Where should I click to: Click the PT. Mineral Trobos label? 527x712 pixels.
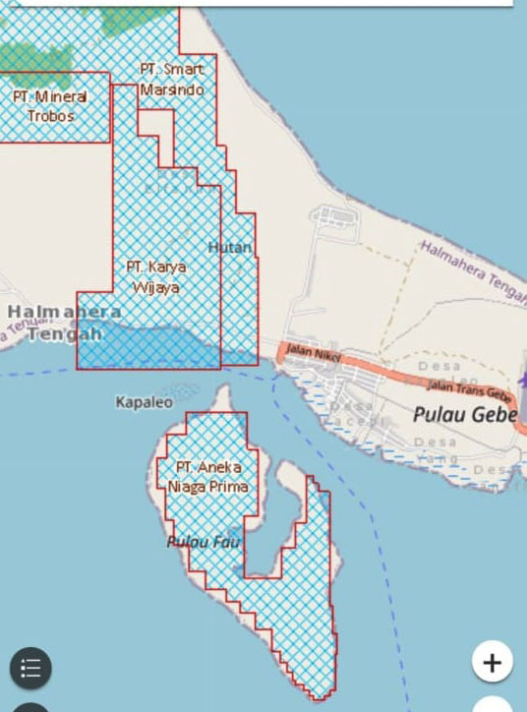50,106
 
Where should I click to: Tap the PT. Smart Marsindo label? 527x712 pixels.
172,80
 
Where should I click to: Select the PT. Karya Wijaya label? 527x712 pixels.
155,276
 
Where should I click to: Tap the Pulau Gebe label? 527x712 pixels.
464,415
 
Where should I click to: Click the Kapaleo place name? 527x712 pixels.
144,402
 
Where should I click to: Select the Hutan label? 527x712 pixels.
230,247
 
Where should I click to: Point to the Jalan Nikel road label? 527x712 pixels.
310,351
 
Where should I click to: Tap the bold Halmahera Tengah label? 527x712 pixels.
64,323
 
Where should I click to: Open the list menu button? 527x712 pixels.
30,669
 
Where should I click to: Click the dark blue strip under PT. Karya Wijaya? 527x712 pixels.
147,348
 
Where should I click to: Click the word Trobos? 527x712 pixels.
51,116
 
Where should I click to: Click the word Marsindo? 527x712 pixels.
172,89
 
